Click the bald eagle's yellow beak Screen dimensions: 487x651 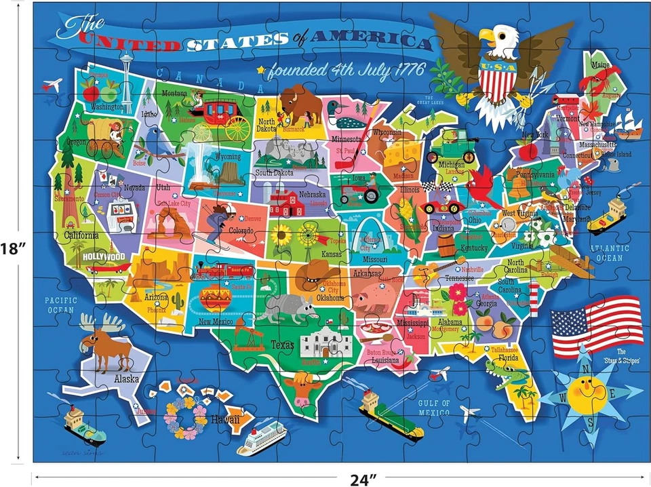487,35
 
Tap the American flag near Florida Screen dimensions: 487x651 596,326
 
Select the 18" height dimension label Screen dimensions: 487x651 13,248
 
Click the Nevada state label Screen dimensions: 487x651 134,187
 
